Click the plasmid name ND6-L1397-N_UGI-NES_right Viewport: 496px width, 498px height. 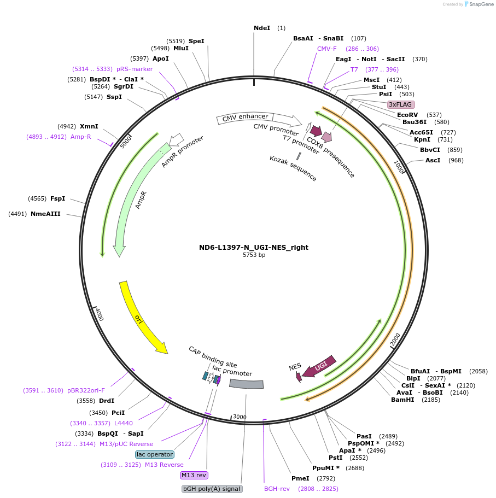254,247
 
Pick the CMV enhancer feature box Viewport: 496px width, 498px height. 244,117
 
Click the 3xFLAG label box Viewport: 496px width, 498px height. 401,104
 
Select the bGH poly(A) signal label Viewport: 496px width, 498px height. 212,489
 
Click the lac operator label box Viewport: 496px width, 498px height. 155,454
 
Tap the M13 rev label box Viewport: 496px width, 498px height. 194,475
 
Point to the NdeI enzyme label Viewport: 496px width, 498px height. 262,28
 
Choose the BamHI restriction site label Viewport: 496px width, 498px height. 402,400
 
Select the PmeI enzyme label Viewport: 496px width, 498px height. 300,478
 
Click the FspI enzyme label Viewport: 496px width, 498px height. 57,198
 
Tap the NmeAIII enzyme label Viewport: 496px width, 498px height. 45,214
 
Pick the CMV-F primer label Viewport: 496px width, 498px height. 327,49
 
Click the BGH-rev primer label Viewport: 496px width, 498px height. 277,489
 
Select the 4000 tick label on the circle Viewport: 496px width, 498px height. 99,314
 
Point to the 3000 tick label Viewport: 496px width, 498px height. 240,417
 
